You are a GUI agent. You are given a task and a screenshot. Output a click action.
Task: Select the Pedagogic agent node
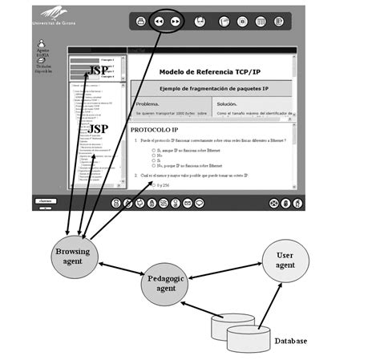tap(169, 285)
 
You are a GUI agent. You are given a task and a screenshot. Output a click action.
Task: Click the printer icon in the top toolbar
tap(139, 22)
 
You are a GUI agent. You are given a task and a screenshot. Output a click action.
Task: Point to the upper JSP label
tap(98, 69)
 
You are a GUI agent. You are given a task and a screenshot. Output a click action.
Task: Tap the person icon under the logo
tap(42, 41)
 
